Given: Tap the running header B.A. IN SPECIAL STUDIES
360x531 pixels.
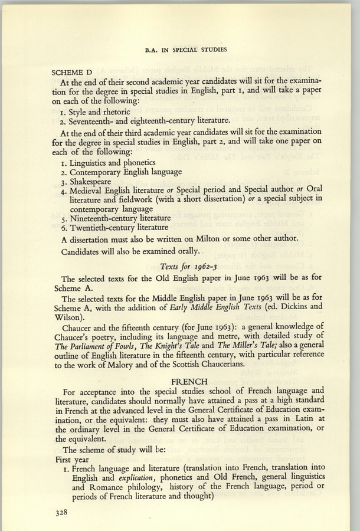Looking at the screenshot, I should point(179,50).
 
